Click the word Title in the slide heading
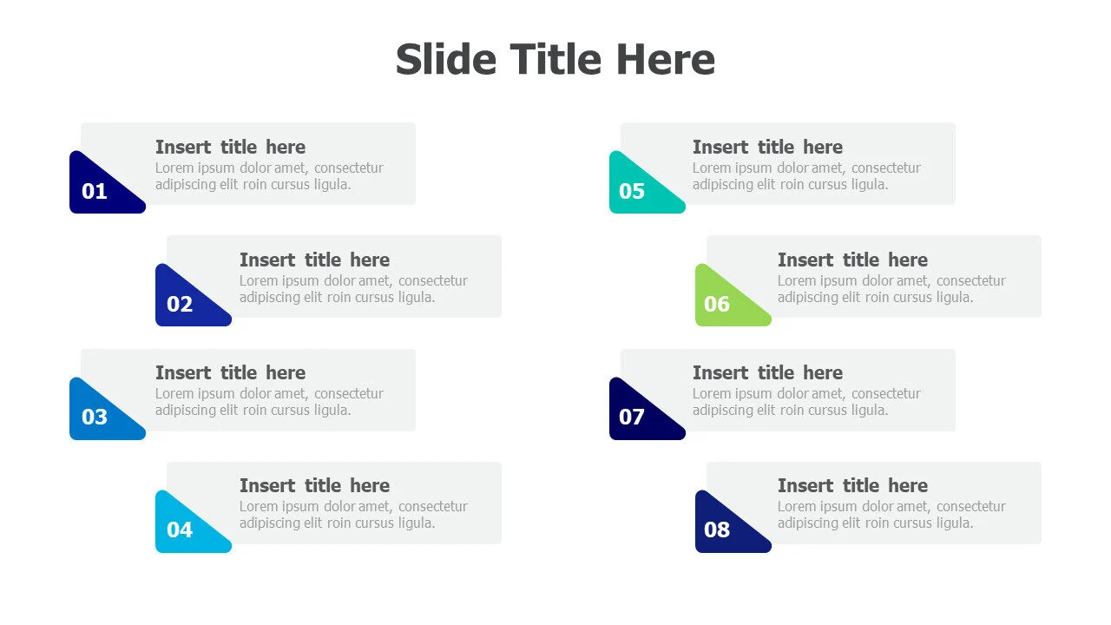click(x=555, y=60)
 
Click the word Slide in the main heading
click(x=446, y=60)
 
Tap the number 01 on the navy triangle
click(x=95, y=191)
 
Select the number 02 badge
click(x=180, y=304)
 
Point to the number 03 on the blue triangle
click(x=95, y=417)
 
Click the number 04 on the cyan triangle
click(x=180, y=530)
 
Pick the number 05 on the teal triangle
click(x=631, y=191)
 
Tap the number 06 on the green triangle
click(x=717, y=304)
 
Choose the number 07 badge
click(x=631, y=417)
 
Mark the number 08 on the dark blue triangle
click(x=717, y=530)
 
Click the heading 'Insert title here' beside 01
click(x=230, y=148)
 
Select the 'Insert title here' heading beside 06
click(x=852, y=260)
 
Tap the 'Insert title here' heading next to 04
click(x=314, y=485)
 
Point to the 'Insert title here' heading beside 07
click(x=768, y=373)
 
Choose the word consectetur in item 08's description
click(x=971, y=506)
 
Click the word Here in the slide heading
click(x=666, y=60)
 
